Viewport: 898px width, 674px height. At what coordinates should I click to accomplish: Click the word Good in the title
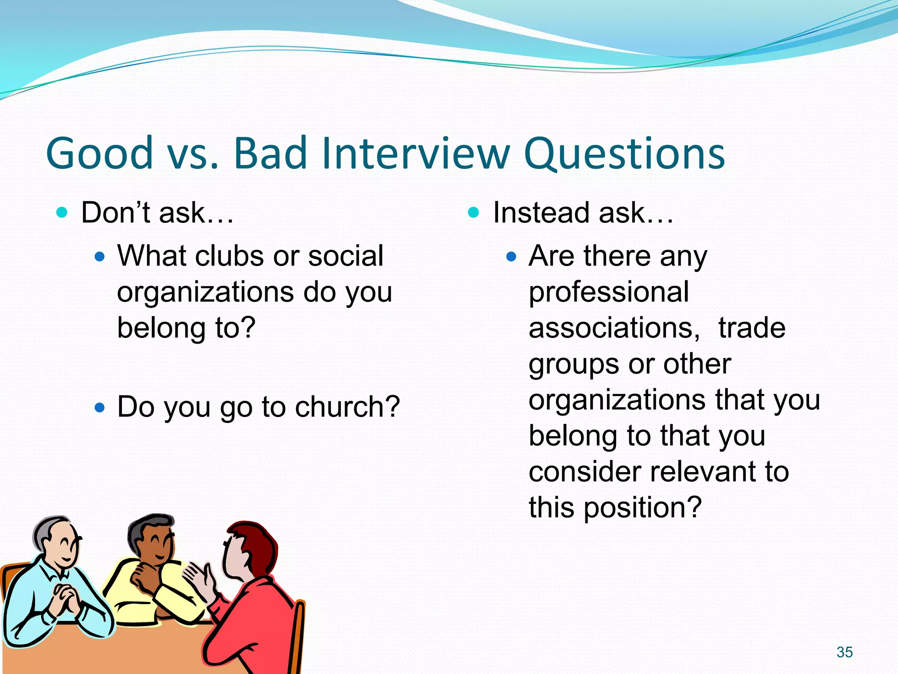(99, 153)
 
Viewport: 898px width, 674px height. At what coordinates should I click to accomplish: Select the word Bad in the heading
(270, 153)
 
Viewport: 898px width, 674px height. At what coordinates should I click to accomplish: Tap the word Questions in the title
(624, 154)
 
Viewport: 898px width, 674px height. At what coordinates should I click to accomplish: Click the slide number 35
(844, 652)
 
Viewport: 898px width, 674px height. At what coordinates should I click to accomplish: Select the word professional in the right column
(609, 292)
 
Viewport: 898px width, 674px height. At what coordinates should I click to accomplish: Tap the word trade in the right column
(752, 328)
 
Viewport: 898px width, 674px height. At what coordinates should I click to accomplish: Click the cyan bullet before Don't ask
(62, 213)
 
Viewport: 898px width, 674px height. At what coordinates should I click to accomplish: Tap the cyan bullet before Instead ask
(474, 213)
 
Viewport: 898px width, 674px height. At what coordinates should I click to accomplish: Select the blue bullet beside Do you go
(100, 408)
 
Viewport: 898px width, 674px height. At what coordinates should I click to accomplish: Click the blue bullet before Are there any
(511, 257)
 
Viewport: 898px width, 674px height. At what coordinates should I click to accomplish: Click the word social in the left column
(346, 256)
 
